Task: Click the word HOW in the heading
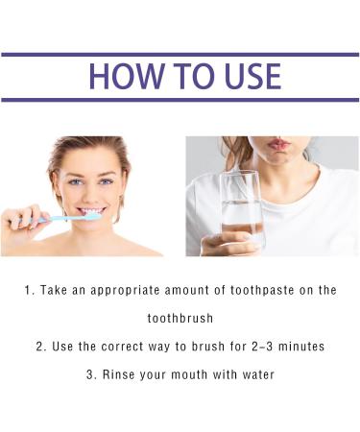[122, 77]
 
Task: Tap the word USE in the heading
[245, 77]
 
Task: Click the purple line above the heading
[180, 55]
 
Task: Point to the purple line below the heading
[180, 100]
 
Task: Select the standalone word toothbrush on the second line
[180, 318]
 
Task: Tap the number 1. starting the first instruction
[30, 289]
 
